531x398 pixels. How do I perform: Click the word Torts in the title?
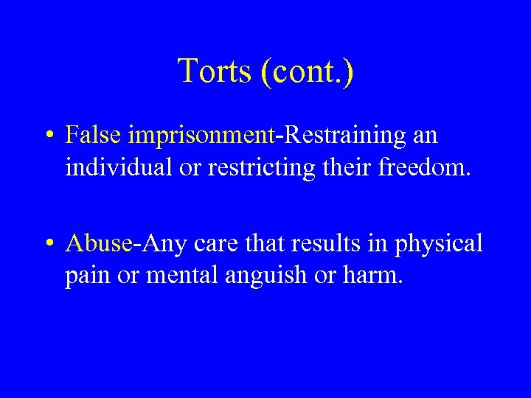coord(214,71)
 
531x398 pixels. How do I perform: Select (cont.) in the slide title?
coord(306,71)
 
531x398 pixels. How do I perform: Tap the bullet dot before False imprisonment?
coord(49,136)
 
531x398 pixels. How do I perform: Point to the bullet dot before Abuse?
coord(49,243)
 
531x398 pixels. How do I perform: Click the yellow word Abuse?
coord(98,242)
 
